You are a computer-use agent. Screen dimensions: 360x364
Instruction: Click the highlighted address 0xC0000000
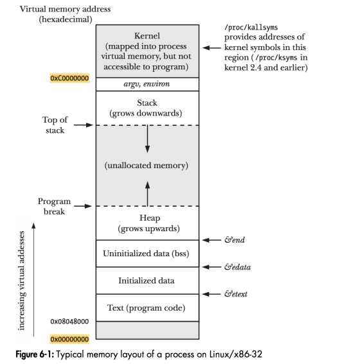pos(69,78)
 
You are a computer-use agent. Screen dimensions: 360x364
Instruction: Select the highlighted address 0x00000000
pos(69,339)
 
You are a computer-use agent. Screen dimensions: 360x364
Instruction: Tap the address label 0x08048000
pos(69,322)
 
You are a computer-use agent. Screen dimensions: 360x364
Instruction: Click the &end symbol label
pos(235,240)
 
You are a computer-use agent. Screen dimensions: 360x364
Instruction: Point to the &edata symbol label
pos(237,267)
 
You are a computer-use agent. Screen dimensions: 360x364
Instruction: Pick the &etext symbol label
pos(236,294)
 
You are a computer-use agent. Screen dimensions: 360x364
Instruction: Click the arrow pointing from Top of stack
pos(83,125)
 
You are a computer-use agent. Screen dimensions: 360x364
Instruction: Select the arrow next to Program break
pos(83,206)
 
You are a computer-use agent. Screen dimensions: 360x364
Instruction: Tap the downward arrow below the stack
pos(147,139)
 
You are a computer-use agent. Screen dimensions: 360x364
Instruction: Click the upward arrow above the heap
pos(147,194)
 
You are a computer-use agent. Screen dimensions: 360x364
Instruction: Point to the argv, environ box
pos(147,84)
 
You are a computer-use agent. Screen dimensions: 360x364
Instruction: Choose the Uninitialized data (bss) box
pos(147,254)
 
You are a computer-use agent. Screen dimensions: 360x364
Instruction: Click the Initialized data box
pos(147,281)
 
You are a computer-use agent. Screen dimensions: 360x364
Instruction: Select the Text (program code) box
pos(147,308)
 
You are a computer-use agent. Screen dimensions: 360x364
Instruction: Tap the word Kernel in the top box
pos(147,36)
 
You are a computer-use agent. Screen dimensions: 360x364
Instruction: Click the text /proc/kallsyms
pos(251,28)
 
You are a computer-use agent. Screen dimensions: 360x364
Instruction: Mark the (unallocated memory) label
pos(146,166)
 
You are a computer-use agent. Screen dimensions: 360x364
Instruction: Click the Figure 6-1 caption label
pos(35,354)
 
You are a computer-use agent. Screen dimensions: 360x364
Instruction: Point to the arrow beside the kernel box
pos(212,48)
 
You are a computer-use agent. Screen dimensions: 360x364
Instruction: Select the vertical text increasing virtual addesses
pos(21,281)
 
